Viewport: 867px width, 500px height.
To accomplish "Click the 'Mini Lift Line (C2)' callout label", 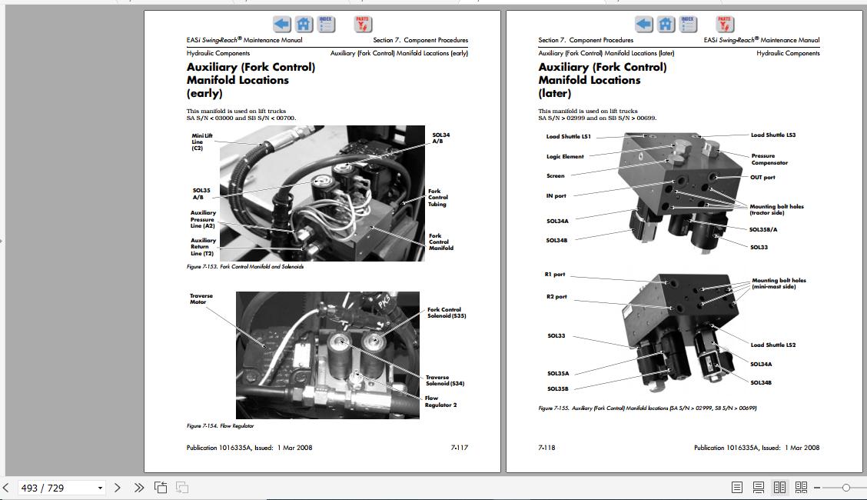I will pos(201,142).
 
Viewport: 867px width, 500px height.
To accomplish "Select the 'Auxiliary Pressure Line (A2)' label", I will pos(203,219).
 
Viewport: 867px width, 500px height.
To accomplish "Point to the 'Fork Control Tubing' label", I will pos(437,198).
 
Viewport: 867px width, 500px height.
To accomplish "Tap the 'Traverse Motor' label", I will pos(201,298).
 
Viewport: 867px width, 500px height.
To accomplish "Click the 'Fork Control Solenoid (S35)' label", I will pos(447,312).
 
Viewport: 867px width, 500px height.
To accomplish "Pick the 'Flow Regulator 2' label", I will pos(440,402).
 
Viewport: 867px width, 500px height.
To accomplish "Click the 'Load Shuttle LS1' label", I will pos(568,137).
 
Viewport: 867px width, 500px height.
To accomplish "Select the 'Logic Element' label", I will pos(565,157).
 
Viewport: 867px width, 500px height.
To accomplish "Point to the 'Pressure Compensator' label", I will pos(769,159).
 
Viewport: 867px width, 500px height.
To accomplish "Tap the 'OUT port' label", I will pos(762,178).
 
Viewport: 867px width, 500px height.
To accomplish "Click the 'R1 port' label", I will pos(554,275).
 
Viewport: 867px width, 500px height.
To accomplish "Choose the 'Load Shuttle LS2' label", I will pos(772,345).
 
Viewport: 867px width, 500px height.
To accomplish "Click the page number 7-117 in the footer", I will pos(459,448).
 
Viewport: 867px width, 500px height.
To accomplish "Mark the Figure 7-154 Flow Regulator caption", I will pos(220,425).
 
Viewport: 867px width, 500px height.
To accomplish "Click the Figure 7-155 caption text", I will pos(647,408).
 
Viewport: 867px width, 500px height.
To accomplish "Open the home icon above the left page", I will pos(304,25).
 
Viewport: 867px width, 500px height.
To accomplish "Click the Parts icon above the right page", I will pos(725,25).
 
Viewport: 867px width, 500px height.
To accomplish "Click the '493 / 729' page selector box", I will pos(61,488).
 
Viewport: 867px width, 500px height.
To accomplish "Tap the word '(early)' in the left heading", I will pos(204,94).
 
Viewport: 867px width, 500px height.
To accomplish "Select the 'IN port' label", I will pos(556,196).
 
